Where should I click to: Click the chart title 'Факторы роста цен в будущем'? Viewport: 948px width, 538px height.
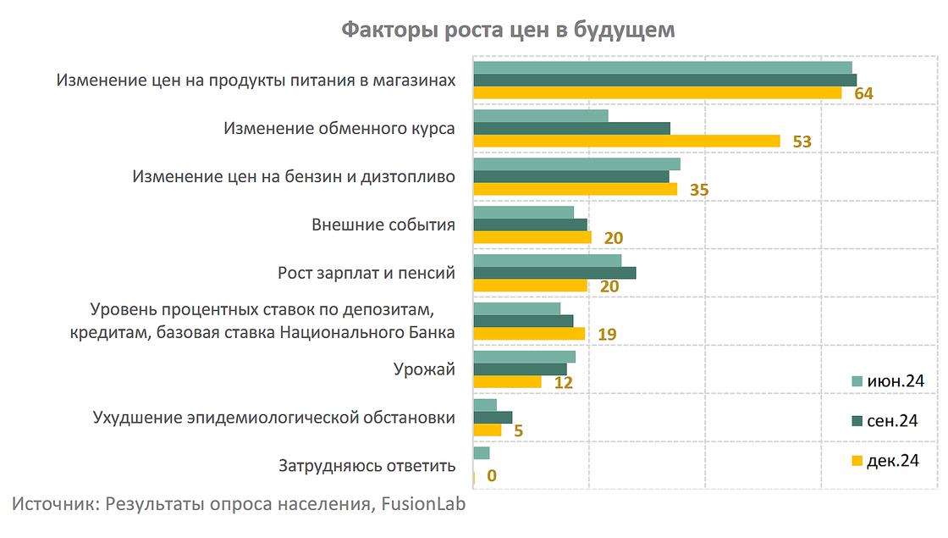click(508, 31)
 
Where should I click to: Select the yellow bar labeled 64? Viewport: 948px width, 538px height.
click(657, 92)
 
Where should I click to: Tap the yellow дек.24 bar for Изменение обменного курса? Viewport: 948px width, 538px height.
click(626, 141)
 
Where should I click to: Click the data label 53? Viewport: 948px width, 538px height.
click(802, 141)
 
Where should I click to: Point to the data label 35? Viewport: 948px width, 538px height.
click(699, 190)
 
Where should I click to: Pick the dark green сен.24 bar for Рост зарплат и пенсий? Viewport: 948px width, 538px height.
click(554, 273)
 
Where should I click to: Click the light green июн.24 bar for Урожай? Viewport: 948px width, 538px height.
click(524, 357)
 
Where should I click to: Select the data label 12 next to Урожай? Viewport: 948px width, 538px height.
click(563, 383)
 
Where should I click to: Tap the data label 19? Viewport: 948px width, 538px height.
click(607, 335)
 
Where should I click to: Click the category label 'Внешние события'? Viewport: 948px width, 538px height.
click(383, 225)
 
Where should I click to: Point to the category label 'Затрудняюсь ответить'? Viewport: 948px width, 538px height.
click(367, 466)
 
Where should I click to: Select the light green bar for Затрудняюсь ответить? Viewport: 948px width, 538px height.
click(482, 453)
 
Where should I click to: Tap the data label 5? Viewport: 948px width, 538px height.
click(518, 431)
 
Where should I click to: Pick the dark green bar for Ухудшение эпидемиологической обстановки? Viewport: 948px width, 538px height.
click(493, 417)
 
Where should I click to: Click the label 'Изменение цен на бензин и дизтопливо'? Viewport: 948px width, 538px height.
click(295, 177)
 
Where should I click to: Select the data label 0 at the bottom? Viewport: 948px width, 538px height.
click(492, 475)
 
